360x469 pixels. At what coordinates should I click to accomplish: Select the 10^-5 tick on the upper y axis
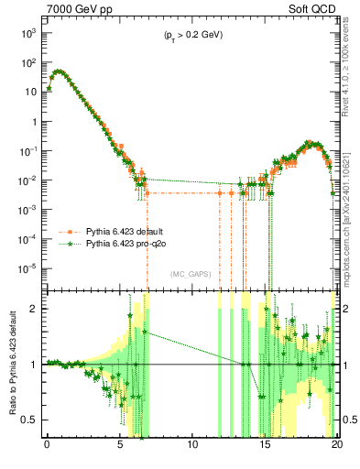(x=28, y=268)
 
